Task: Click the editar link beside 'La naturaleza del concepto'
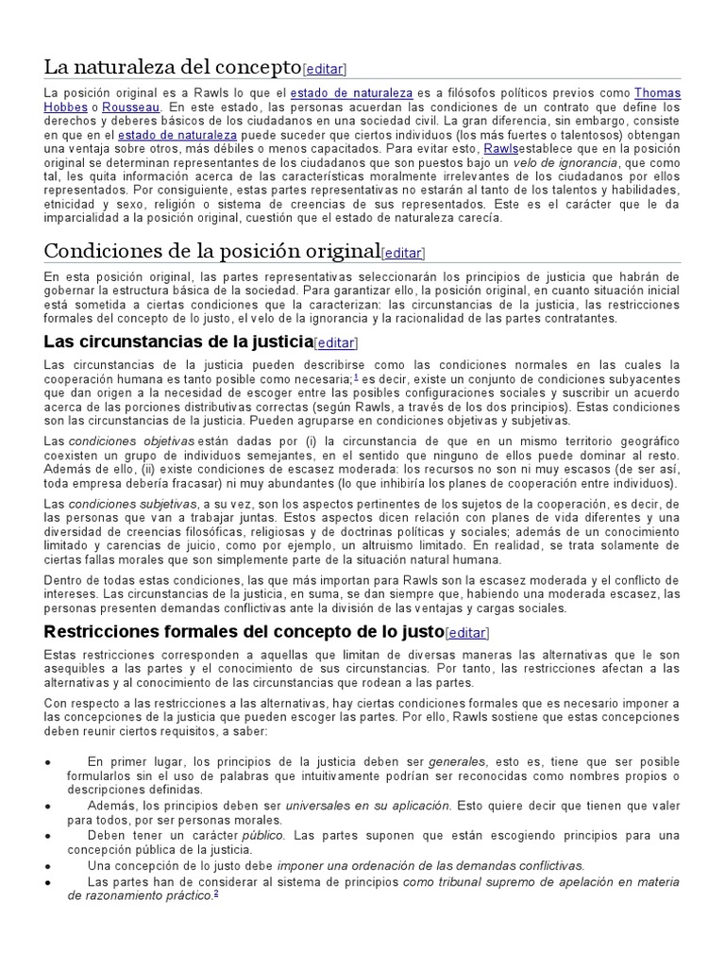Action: pos(325,69)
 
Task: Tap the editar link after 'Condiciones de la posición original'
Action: pos(403,253)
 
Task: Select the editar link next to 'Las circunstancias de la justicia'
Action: pos(336,342)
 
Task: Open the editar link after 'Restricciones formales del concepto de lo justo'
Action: pos(468,632)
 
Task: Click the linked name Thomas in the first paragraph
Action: pos(657,93)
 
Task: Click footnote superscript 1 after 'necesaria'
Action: pos(356,376)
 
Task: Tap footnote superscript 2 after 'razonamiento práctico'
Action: pos(216,893)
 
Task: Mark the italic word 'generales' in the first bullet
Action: pos(458,761)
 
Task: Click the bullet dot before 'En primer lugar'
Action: pos(48,762)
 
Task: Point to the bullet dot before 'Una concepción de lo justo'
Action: pos(48,866)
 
